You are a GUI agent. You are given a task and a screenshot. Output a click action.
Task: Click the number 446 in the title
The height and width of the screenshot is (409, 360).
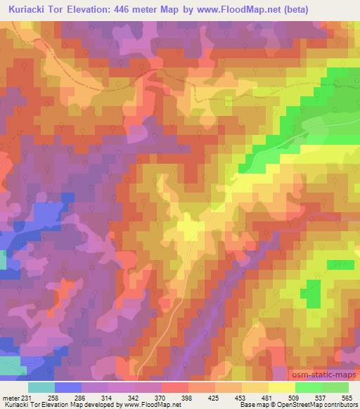[138, 8]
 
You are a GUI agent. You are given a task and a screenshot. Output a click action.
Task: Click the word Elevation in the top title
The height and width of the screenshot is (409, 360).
[96, 8]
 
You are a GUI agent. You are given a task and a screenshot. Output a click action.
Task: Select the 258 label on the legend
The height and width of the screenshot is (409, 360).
[52, 398]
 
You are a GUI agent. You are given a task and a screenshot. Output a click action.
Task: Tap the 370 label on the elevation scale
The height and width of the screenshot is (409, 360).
[159, 398]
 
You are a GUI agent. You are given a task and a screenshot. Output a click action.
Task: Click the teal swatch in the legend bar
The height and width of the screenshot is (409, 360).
[41, 387]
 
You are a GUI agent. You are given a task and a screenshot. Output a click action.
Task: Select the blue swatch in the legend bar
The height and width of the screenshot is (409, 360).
[68, 387]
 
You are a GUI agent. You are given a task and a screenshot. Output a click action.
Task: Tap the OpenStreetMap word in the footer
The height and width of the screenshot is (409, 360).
[295, 405]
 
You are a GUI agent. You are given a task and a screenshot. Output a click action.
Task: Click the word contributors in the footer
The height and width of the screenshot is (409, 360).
[340, 405]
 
